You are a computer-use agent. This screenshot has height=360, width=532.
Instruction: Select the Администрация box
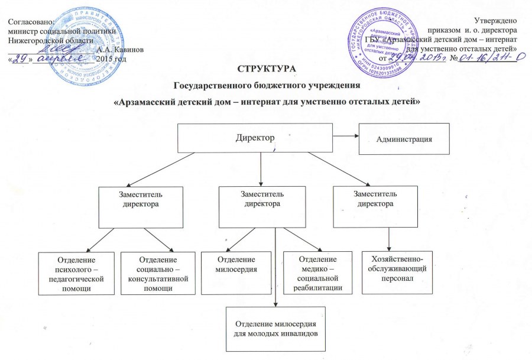[x=404, y=139]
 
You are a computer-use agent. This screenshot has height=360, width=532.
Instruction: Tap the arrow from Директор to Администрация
[x=346, y=137]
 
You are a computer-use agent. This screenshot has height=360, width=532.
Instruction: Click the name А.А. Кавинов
[x=123, y=49]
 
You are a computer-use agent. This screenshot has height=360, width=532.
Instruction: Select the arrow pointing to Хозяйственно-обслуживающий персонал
[x=388, y=239]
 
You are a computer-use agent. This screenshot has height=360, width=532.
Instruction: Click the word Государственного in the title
[x=218, y=86]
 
